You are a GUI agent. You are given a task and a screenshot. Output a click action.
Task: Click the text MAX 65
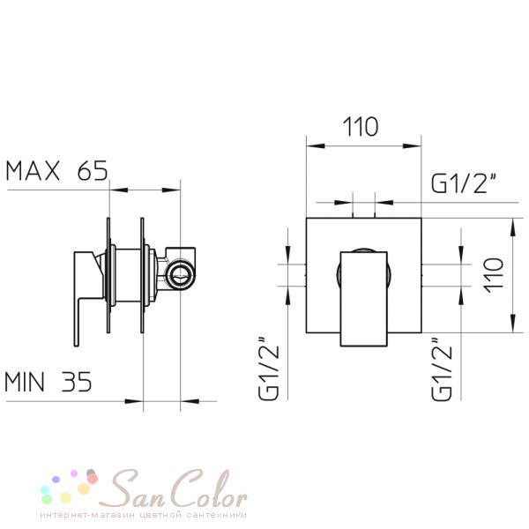click(56, 171)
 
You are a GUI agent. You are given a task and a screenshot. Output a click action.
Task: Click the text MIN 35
click(48, 382)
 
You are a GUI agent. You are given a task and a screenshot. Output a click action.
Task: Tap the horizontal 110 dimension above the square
click(361, 127)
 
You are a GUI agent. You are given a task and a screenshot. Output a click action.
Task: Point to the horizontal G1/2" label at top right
click(465, 184)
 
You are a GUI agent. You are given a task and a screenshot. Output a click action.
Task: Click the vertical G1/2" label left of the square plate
click(269, 369)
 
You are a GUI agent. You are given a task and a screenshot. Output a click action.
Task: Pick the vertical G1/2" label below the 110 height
click(442, 369)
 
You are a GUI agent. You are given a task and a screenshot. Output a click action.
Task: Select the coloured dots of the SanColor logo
click(70, 486)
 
